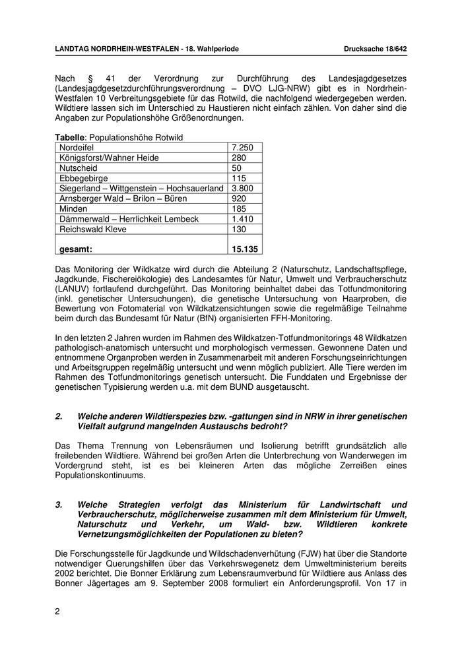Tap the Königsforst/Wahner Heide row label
point(109,158)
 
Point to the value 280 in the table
point(239,158)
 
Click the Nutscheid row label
point(77,168)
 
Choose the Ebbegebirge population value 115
point(239,178)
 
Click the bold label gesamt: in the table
point(76,249)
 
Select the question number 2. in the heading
point(59,416)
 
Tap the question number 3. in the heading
point(59,505)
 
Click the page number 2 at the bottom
point(57,611)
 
